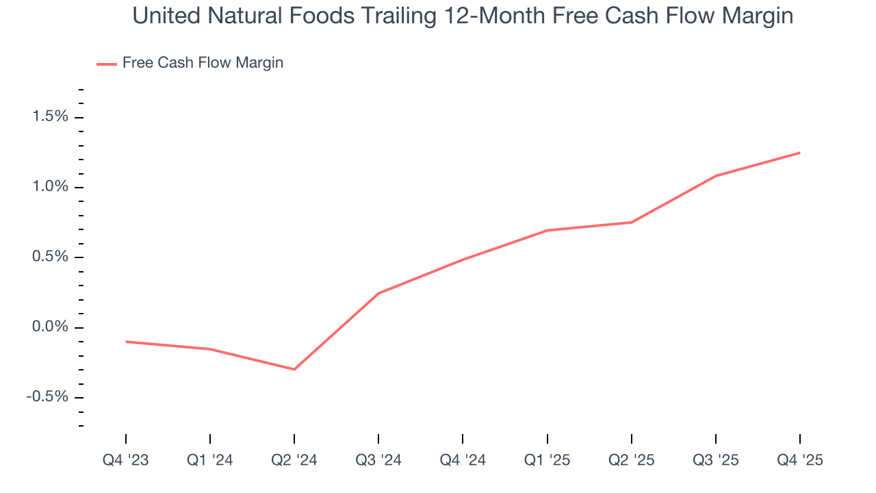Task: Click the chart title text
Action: coord(463,16)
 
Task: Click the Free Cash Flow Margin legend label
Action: coord(203,63)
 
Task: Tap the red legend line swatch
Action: coord(107,64)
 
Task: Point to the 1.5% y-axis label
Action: coord(51,117)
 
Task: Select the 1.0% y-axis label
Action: coord(51,187)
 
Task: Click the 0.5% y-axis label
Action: coord(51,257)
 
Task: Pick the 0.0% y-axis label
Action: coord(51,327)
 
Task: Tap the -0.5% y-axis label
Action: coord(48,397)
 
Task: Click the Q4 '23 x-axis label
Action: coord(126,460)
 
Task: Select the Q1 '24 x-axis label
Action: coord(210,460)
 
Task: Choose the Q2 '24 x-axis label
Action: coord(294,460)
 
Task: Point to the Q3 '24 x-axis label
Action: coord(378,460)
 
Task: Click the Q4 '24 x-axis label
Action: coord(463,460)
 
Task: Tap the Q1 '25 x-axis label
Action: coord(547,460)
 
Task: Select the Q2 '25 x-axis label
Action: coord(631,460)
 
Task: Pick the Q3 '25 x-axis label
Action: coord(715,460)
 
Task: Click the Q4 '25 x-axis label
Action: coord(799,460)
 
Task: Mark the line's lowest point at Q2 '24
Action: coord(294,369)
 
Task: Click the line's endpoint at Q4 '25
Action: coord(799,153)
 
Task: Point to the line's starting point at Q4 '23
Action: coord(126,341)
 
